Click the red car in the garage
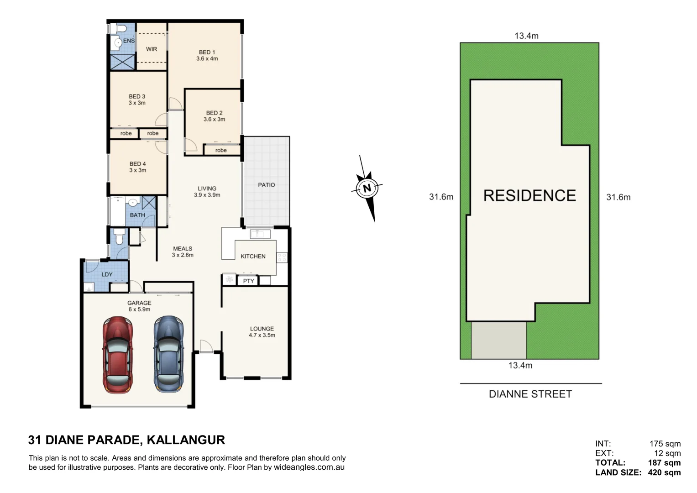(x=118, y=355)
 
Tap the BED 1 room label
(x=207, y=55)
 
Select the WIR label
(x=152, y=49)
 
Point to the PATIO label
(x=267, y=185)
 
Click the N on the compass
(x=367, y=188)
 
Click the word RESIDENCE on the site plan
(x=529, y=195)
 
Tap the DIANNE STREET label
(x=530, y=394)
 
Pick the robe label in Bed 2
(x=221, y=150)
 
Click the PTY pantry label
(x=248, y=281)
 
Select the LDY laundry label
(x=107, y=274)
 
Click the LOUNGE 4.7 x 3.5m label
(x=262, y=332)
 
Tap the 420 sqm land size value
(x=664, y=472)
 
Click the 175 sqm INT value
(x=665, y=444)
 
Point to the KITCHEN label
(x=253, y=257)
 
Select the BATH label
(x=137, y=215)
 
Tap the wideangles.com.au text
(x=309, y=467)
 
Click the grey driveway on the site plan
(x=498, y=340)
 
